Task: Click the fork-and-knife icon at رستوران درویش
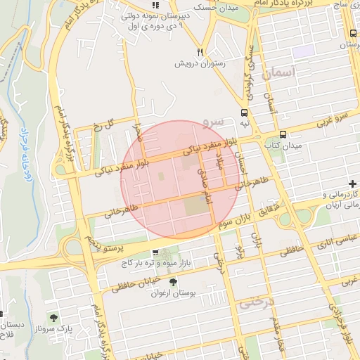(x=200, y=52)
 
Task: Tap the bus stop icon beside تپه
(x=244, y=112)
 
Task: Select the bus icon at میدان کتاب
(x=283, y=135)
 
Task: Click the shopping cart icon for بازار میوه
(x=155, y=252)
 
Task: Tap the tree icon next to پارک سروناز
(x=54, y=318)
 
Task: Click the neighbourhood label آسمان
(x=280, y=72)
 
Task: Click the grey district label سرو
(x=213, y=121)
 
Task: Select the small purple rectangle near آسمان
(x=303, y=51)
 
